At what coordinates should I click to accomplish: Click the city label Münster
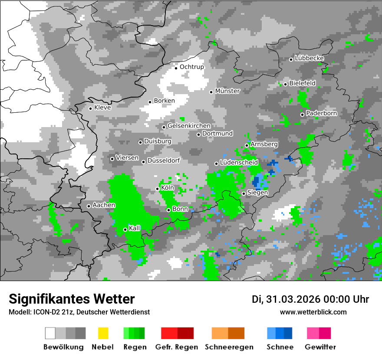coord(227,91)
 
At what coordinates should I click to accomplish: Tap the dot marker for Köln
coord(158,189)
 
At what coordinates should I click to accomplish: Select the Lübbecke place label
coord(310,58)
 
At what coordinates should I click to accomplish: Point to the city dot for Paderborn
coord(302,115)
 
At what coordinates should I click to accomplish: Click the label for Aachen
coord(104,205)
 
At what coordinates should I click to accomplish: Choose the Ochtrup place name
coord(191,67)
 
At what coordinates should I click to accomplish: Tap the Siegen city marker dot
coord(244,193)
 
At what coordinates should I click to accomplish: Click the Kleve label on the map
coord(102,108)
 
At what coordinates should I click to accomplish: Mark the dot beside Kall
coord(125,229)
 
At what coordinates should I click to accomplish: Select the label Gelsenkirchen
coord(189,126)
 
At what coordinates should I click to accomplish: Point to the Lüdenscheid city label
coord(239,162)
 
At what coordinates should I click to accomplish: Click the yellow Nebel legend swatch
coord(103,333)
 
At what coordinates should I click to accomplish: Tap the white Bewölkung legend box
coord(50,333)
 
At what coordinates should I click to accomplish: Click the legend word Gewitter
coord(320,347)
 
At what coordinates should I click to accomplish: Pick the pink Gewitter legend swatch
coord(313,333)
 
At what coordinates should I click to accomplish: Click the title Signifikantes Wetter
coord(72,299)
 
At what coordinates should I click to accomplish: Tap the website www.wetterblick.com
coord(313,312)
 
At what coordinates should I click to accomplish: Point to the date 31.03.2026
coord(292,299)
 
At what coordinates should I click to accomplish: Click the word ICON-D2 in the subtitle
coord(46,312)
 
